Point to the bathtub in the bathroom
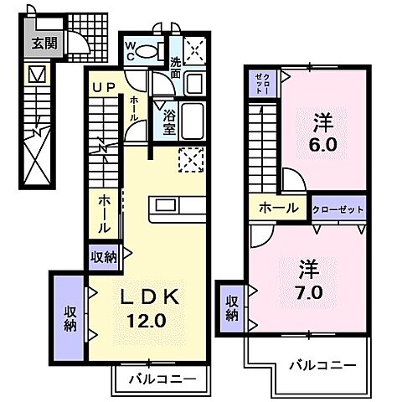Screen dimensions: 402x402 (x=193, y=122)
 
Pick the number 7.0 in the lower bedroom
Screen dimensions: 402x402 (x=309, y=294)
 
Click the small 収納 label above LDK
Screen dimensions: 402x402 (x=104, y=256)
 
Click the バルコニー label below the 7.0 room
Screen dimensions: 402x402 (x=322, y=365)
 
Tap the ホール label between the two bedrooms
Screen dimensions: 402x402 (x=276, y=208)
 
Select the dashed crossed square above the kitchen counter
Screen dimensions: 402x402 (x=192, y=159)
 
